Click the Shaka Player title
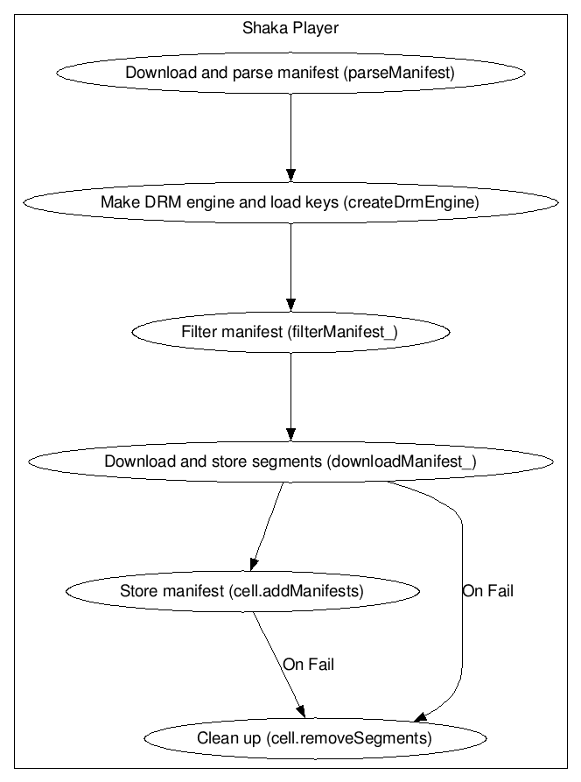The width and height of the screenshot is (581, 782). point(290,28)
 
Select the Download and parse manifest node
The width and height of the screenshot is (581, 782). point(290,73)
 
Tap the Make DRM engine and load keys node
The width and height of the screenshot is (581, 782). point(290,202)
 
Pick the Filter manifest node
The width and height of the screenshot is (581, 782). point(290,332)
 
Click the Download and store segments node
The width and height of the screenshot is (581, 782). point(290,461)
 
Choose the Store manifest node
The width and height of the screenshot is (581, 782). point(242,591)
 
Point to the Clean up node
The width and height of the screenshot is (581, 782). point(315,738)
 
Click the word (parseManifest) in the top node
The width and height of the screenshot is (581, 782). point(399,73)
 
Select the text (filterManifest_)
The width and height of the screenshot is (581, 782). point(342,332)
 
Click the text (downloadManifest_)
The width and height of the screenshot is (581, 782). point(402,461)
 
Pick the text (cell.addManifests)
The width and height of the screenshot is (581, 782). point(296,591)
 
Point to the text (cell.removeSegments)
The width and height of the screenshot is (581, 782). point(348,738)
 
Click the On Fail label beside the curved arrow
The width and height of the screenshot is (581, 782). point(488,591)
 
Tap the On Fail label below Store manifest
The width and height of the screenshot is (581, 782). point(309,665)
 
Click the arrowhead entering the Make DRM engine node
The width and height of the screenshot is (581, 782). point(291,175)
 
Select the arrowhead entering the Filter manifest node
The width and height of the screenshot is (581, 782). point(291,306)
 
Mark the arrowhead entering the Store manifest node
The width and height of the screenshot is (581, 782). point(254,564)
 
